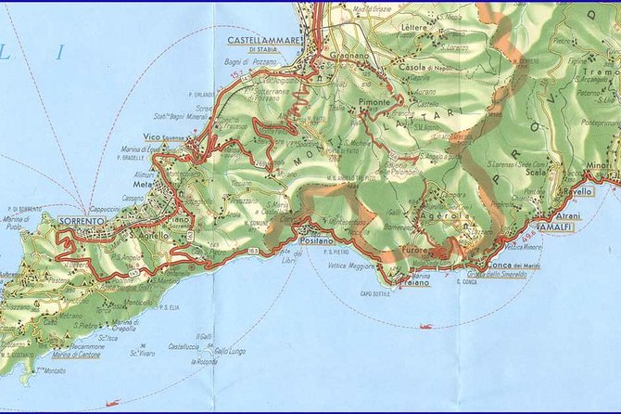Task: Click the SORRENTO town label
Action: point(82,221)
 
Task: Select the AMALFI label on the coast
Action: point(556,227)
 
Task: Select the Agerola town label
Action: point(437,213)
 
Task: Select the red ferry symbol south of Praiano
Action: point(425,326)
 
